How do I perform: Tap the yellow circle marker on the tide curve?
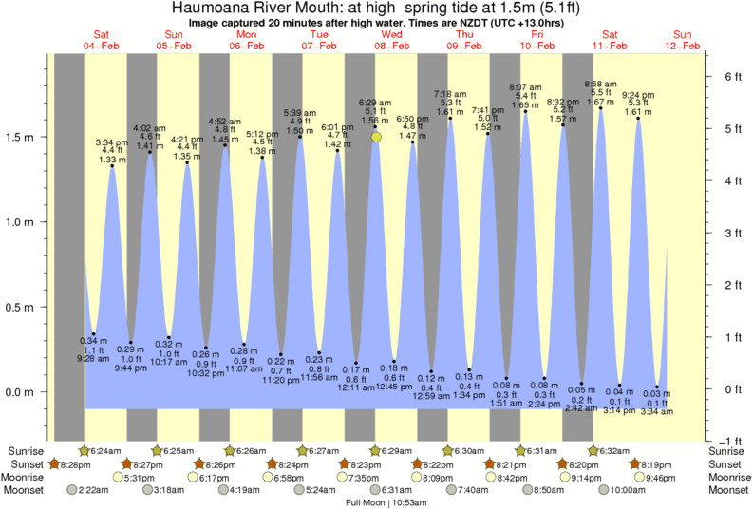[377, 138]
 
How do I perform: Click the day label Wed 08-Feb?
[391, 39]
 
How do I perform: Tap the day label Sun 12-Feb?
[683, 39]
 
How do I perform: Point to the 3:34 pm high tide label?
[112, 142]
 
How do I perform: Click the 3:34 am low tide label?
[657, 413]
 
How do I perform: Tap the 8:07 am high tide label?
[525, 87]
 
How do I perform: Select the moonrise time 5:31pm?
[141, 477]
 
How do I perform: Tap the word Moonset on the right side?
[727, 490]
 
